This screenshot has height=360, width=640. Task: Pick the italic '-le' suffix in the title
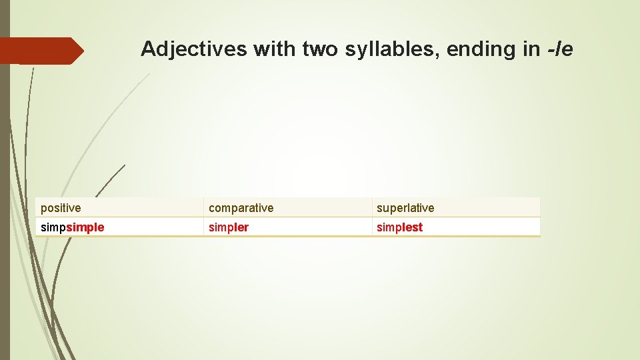coord(559,49)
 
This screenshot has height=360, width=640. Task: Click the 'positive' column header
coord(61,208)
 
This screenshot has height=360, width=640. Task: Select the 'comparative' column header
coord(241,208)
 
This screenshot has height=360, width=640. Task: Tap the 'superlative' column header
coord(405,208)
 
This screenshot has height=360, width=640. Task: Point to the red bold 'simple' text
coord(85,227)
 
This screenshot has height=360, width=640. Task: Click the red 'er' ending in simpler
coord(243,227)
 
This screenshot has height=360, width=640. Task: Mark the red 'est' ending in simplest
coord(413,227)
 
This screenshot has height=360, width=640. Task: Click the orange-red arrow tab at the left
coord(41,51)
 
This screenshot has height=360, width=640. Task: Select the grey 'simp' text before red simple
coord(53,227)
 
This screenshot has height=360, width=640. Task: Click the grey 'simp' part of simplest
coord(389,227)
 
